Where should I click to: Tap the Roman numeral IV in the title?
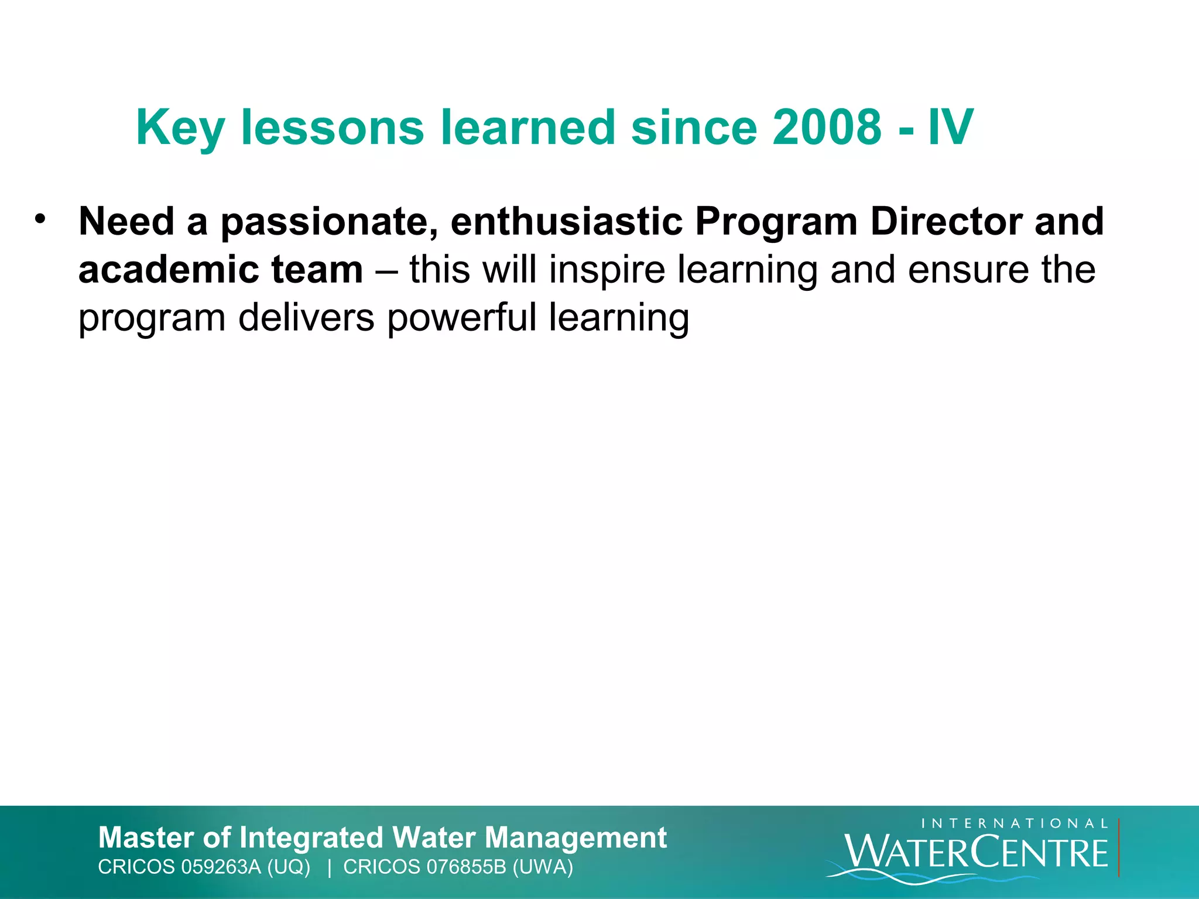pos(951,127)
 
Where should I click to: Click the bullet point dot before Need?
pos(40,219)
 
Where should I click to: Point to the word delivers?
pos(306,318)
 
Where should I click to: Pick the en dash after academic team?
pos(386,271)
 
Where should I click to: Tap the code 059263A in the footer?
pos(221,867)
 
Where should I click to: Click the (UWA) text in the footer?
pos(543,867)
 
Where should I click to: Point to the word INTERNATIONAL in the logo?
pos(1015,823)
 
